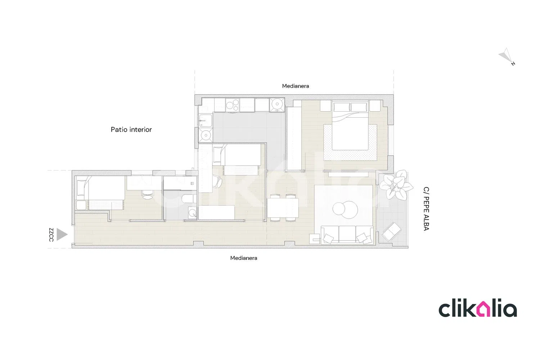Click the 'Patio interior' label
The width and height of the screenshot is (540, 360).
point(131,130)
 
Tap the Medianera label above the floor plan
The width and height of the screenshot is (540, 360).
point(295,86)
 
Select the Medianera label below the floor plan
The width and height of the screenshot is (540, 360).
point(243,258)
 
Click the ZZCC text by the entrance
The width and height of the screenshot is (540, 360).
point(51,235)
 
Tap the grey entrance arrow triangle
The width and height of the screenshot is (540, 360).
point(62,234)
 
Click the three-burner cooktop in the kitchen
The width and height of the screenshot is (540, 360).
point(233,105)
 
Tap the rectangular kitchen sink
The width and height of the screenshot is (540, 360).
point(206,121)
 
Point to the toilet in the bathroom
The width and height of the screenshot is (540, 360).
point(189,199)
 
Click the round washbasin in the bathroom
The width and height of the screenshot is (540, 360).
point(192,213)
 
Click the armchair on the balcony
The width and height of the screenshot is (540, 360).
point(392,231)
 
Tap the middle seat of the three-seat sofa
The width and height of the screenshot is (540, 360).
point(347,234)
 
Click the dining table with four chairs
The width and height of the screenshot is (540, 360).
point(283,208)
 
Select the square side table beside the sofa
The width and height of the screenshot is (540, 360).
point(314,239)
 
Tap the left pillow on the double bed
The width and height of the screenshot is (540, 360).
point(341,107)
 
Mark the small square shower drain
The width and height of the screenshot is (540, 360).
point(192,184)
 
